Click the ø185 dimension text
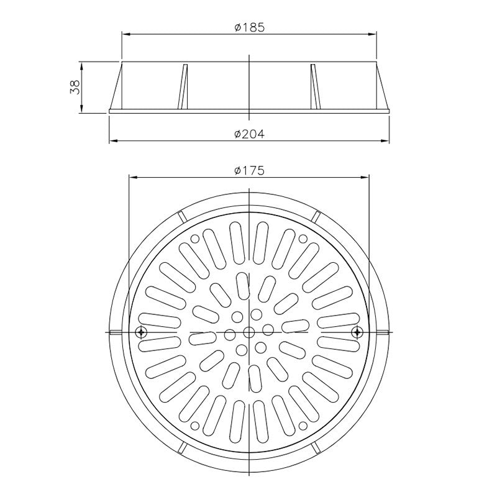tap(248, 27)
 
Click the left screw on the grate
tap(141, 332)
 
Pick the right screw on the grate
tap(357, 332)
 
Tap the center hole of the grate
tap(249, 332)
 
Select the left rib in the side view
tap(183, 87)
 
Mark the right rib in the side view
tap(314, 87)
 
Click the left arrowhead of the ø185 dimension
tap(123, 34)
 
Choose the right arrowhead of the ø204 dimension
tap(386, 142)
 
